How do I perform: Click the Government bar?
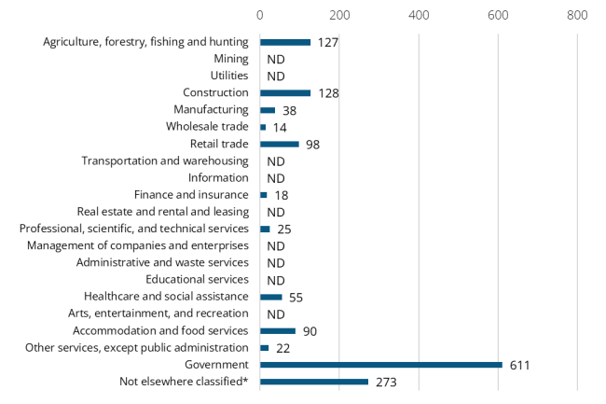click(380, 365)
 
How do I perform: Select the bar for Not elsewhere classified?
click(313, 382)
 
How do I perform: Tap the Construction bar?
click(284, 92)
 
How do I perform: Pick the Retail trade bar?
click(279, 144)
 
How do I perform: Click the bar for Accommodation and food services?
click(277, 330)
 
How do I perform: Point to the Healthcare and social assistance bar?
click(270, 297)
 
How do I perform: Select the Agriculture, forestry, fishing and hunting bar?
click(284, 42)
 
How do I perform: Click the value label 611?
click(519, 365)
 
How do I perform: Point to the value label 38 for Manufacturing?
click(289, 110)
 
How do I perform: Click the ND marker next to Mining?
click(275, 59)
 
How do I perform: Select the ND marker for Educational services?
click(275, 280)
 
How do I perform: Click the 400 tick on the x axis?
click(419, 15)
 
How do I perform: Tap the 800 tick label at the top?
click(577, 15)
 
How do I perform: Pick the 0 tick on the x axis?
click(260, 15)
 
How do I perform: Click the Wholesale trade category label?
click(207, 127)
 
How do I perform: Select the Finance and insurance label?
click(191, 195)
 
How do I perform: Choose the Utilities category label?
click(229, 76)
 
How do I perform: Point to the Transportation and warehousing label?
click(165, 160)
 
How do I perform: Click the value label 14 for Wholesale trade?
click(281, 127)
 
